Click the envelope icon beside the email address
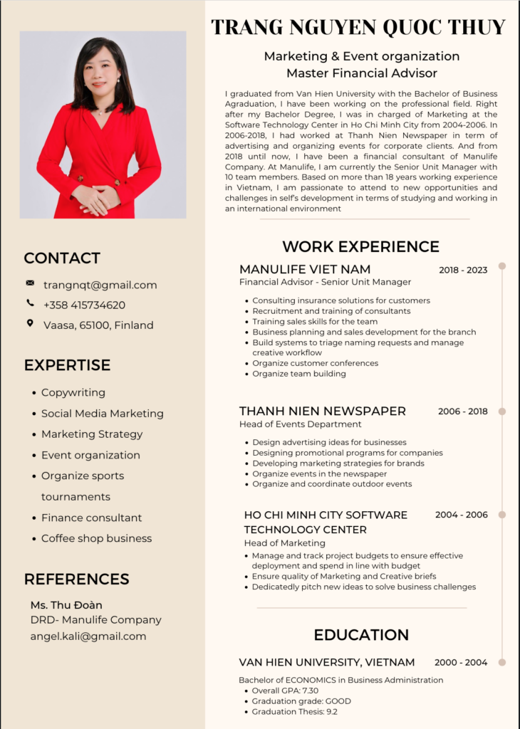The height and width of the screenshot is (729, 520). tap(30, 283)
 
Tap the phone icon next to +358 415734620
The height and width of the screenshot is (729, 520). tap(30, 303)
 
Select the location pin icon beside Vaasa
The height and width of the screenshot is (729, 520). tap(30, 323)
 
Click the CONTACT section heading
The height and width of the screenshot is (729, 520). tap(62, 258)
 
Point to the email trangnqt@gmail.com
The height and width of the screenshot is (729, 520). tap(100, 285)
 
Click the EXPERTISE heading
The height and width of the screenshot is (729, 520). tap(67, 365)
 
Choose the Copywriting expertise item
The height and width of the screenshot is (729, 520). tap(73, 392)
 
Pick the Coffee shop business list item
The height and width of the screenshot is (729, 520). tap(96, 538)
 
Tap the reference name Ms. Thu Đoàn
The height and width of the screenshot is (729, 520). tap(66, 605)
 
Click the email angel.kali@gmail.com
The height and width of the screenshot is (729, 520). tap(88, 636)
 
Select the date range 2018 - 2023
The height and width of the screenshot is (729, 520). tap(463, 270)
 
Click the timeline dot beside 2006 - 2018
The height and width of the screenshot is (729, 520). tap(502, 411)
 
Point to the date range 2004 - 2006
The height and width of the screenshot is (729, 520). tap(462, 515)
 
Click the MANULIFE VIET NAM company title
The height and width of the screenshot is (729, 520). tap(305, 269)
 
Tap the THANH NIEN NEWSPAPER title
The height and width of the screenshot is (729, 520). tap(323, 411)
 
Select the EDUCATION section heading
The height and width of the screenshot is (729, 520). tap(361, 634)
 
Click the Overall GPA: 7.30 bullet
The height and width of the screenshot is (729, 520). tap(285, 691)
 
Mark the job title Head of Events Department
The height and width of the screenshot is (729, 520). tap(300, 424)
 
